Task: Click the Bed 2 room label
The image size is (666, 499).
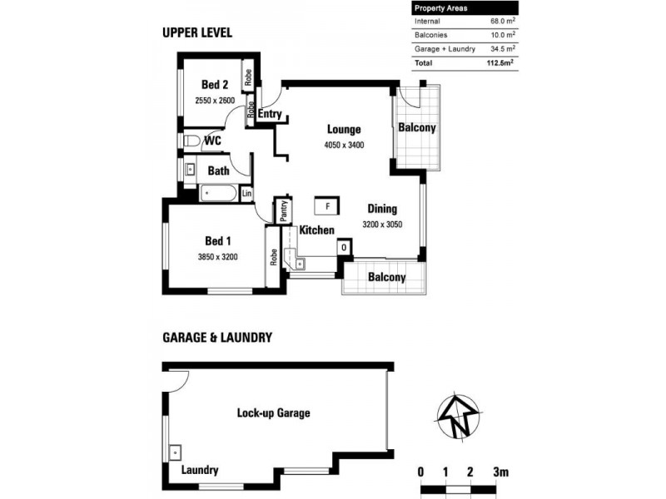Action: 215,84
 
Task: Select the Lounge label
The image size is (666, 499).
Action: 343,130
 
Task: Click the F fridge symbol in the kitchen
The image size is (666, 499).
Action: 327,205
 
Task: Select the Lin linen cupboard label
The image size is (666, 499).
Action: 246,194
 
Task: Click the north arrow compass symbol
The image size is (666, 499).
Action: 457,413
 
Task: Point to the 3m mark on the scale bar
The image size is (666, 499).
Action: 499,472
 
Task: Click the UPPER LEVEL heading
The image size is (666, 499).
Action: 196,33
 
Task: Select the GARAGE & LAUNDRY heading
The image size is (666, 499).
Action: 216,338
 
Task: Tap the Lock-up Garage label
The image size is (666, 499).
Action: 274,413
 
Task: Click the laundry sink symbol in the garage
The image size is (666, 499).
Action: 176,452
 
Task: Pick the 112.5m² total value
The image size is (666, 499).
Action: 499,62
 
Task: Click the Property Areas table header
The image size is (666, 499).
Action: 441,7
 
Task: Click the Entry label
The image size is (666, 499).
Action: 270,115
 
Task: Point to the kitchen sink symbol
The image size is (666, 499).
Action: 301,264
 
